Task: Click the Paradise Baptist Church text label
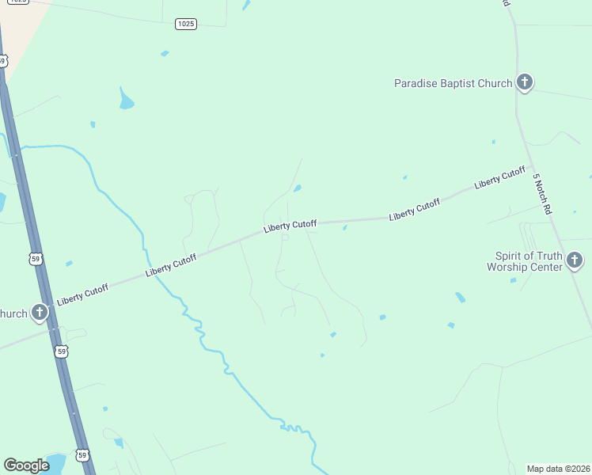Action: tap(453, 83)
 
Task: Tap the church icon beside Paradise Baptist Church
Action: tap(524, 82)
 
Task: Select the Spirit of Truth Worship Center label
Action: tap(529, 261)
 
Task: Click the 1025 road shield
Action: tap(185, 24)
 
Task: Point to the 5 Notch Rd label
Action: tap(541, 194)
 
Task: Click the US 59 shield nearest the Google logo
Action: tap(82, 454)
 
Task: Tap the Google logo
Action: tap(26, 465)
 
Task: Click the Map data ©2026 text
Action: tap(559, 469)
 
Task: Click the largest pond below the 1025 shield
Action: tap(126, 101)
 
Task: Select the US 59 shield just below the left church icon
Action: tap(61, 351)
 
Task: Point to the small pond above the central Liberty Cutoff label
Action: tap(297, 188)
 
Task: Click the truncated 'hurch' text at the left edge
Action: tap(13, 313)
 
